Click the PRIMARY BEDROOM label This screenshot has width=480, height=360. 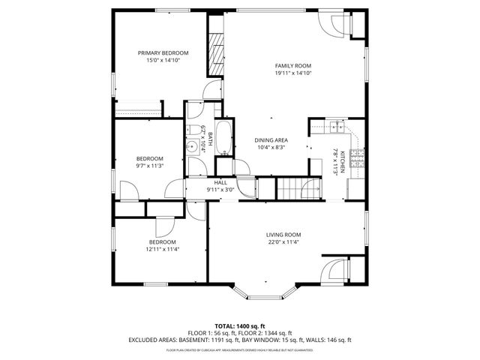point(163,53)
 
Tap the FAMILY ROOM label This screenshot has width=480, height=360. point(292,66)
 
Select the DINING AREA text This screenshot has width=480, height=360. point(271,140)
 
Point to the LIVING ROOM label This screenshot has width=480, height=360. point(283,235)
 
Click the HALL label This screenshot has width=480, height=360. point(220,182)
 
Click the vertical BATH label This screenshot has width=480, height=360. point(211,139)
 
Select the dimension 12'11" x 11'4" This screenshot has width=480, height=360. point(163,249)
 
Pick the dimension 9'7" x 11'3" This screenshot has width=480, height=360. point(149,166)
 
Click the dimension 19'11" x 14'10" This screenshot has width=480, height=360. point(292,73)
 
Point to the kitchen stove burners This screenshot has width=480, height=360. point(358,158)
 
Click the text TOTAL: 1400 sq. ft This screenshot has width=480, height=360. point(240,325)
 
